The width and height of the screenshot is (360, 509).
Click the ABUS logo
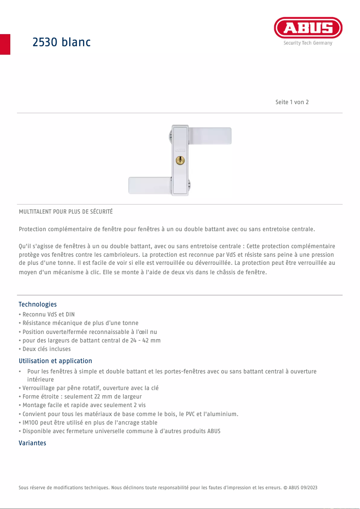308,28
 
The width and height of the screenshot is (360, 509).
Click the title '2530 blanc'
61,42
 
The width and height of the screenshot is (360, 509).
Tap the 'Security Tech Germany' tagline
308,43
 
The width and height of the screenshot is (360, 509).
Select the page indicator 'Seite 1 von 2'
292,102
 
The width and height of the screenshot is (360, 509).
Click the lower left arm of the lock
149,185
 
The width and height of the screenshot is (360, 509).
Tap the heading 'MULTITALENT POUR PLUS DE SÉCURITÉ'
66,211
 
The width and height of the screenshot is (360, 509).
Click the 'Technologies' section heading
37,304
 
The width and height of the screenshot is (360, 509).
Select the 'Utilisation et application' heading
55,361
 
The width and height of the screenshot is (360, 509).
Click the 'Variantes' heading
32,443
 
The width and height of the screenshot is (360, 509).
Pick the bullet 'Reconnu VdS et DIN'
48,314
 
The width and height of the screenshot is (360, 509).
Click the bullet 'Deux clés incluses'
46,349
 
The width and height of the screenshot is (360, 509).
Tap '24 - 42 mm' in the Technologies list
146,340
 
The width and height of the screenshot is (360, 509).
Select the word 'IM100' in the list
30,422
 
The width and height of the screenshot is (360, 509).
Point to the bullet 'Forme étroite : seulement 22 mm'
82,396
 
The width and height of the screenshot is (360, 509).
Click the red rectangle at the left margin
5,44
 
